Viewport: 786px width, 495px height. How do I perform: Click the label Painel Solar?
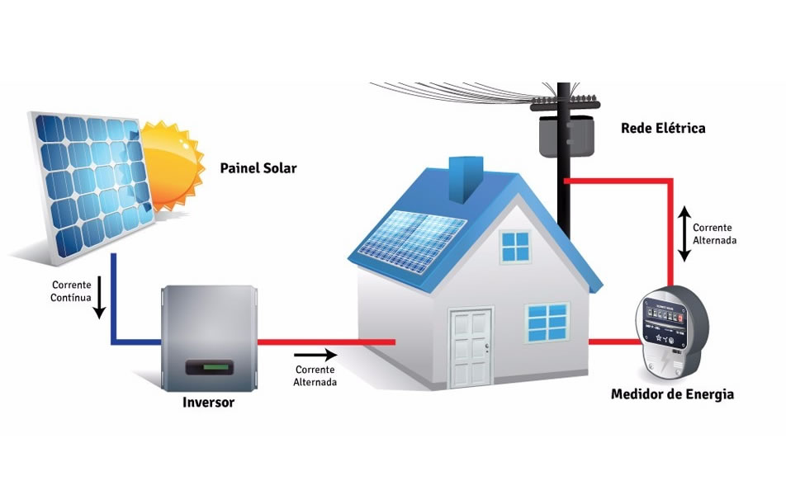pyautogui.click(x=258, y=168)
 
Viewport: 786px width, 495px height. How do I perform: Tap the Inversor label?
pyautogui.click(x=208, y=403)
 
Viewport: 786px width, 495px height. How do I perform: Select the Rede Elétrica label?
pyautogui.click(x=663, y=129)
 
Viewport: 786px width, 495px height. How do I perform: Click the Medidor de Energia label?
pyautogui.click(x=672, y=394)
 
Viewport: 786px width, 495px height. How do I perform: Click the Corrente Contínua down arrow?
pyautogui.click(x=100, y=302)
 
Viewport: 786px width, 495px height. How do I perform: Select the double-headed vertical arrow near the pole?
pyautogui.click(x=684, y=233)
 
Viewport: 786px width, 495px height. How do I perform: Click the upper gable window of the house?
pyautogui.click(x=515, y=247)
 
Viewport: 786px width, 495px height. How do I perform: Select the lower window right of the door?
pyautogui.click(x=548, y=322)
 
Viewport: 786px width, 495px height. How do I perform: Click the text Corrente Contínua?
pyautogui.click(x=70, y=291)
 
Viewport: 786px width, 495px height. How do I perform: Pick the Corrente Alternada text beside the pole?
pyautogui.click(x=714, y=233)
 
